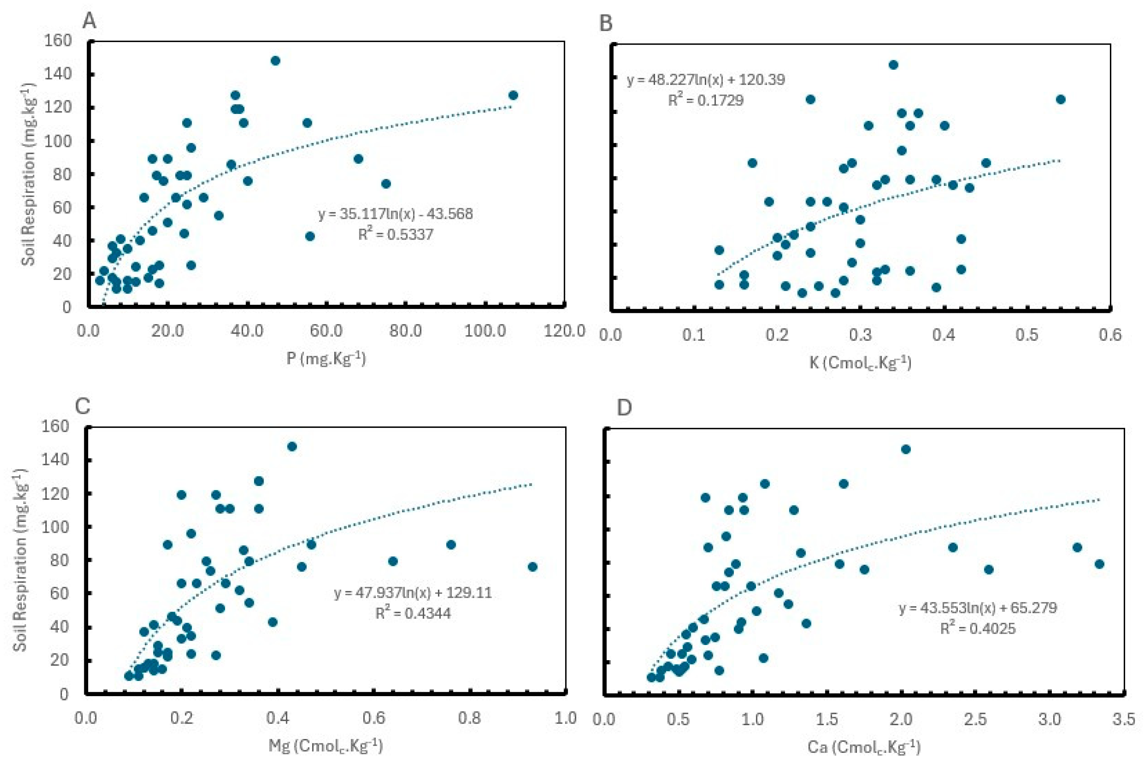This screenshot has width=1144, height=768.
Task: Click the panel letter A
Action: tap(89, 21)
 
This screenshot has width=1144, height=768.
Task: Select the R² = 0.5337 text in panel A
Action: tap(396, 234)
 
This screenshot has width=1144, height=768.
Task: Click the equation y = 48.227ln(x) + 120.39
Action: tap(706, 80)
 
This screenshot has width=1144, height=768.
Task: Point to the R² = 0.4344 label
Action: tap(413, 613)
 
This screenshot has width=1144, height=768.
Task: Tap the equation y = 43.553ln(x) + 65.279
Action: tap(977, 608)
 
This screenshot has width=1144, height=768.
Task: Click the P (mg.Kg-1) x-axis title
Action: tap(326, 359)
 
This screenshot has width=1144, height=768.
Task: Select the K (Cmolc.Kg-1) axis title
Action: tap(860, 363)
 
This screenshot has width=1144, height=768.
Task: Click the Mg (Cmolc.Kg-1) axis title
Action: tap(326, 745)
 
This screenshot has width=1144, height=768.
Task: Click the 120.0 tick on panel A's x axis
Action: tap(564, 331)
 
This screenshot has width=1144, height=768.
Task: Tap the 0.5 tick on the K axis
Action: tap(1026, 335)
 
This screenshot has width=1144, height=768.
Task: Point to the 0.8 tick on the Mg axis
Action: tap(469, 719)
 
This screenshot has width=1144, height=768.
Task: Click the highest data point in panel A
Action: tap(275, 61)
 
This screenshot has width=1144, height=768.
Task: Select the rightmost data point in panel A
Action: tap(513, 95)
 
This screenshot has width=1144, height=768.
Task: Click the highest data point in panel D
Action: tap(906, 449)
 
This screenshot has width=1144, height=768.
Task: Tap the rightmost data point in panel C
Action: tap(533, 567)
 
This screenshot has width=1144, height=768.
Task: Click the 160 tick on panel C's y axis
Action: tap(57, 426)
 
